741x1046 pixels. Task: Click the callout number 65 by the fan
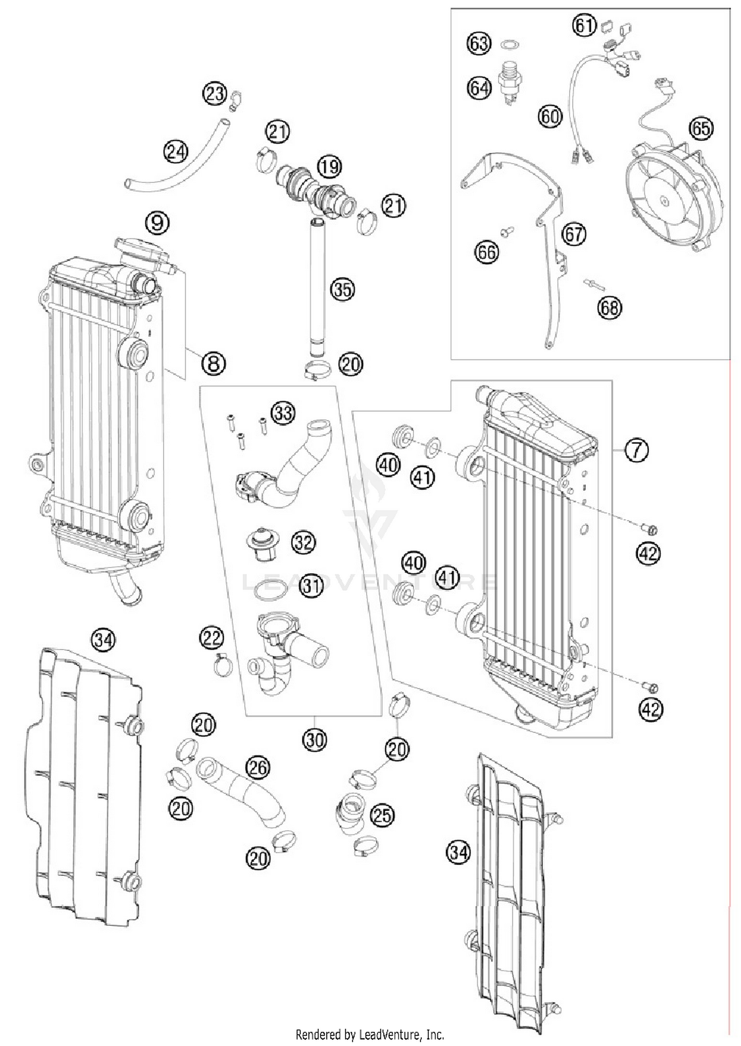pos(701,129)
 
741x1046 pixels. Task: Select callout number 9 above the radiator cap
pos(157,223)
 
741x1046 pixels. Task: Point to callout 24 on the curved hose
pos(176,151)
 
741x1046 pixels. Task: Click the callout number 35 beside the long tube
pos(343,290)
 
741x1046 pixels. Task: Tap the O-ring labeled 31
pos(270,590)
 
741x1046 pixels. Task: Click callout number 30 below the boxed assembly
pos(314,740)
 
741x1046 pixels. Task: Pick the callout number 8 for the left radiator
pos(213,364)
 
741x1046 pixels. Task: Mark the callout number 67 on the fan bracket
pos(574,234)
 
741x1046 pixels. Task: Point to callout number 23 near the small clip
pos(215,94)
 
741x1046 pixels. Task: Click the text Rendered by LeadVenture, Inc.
pos(370,1034)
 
